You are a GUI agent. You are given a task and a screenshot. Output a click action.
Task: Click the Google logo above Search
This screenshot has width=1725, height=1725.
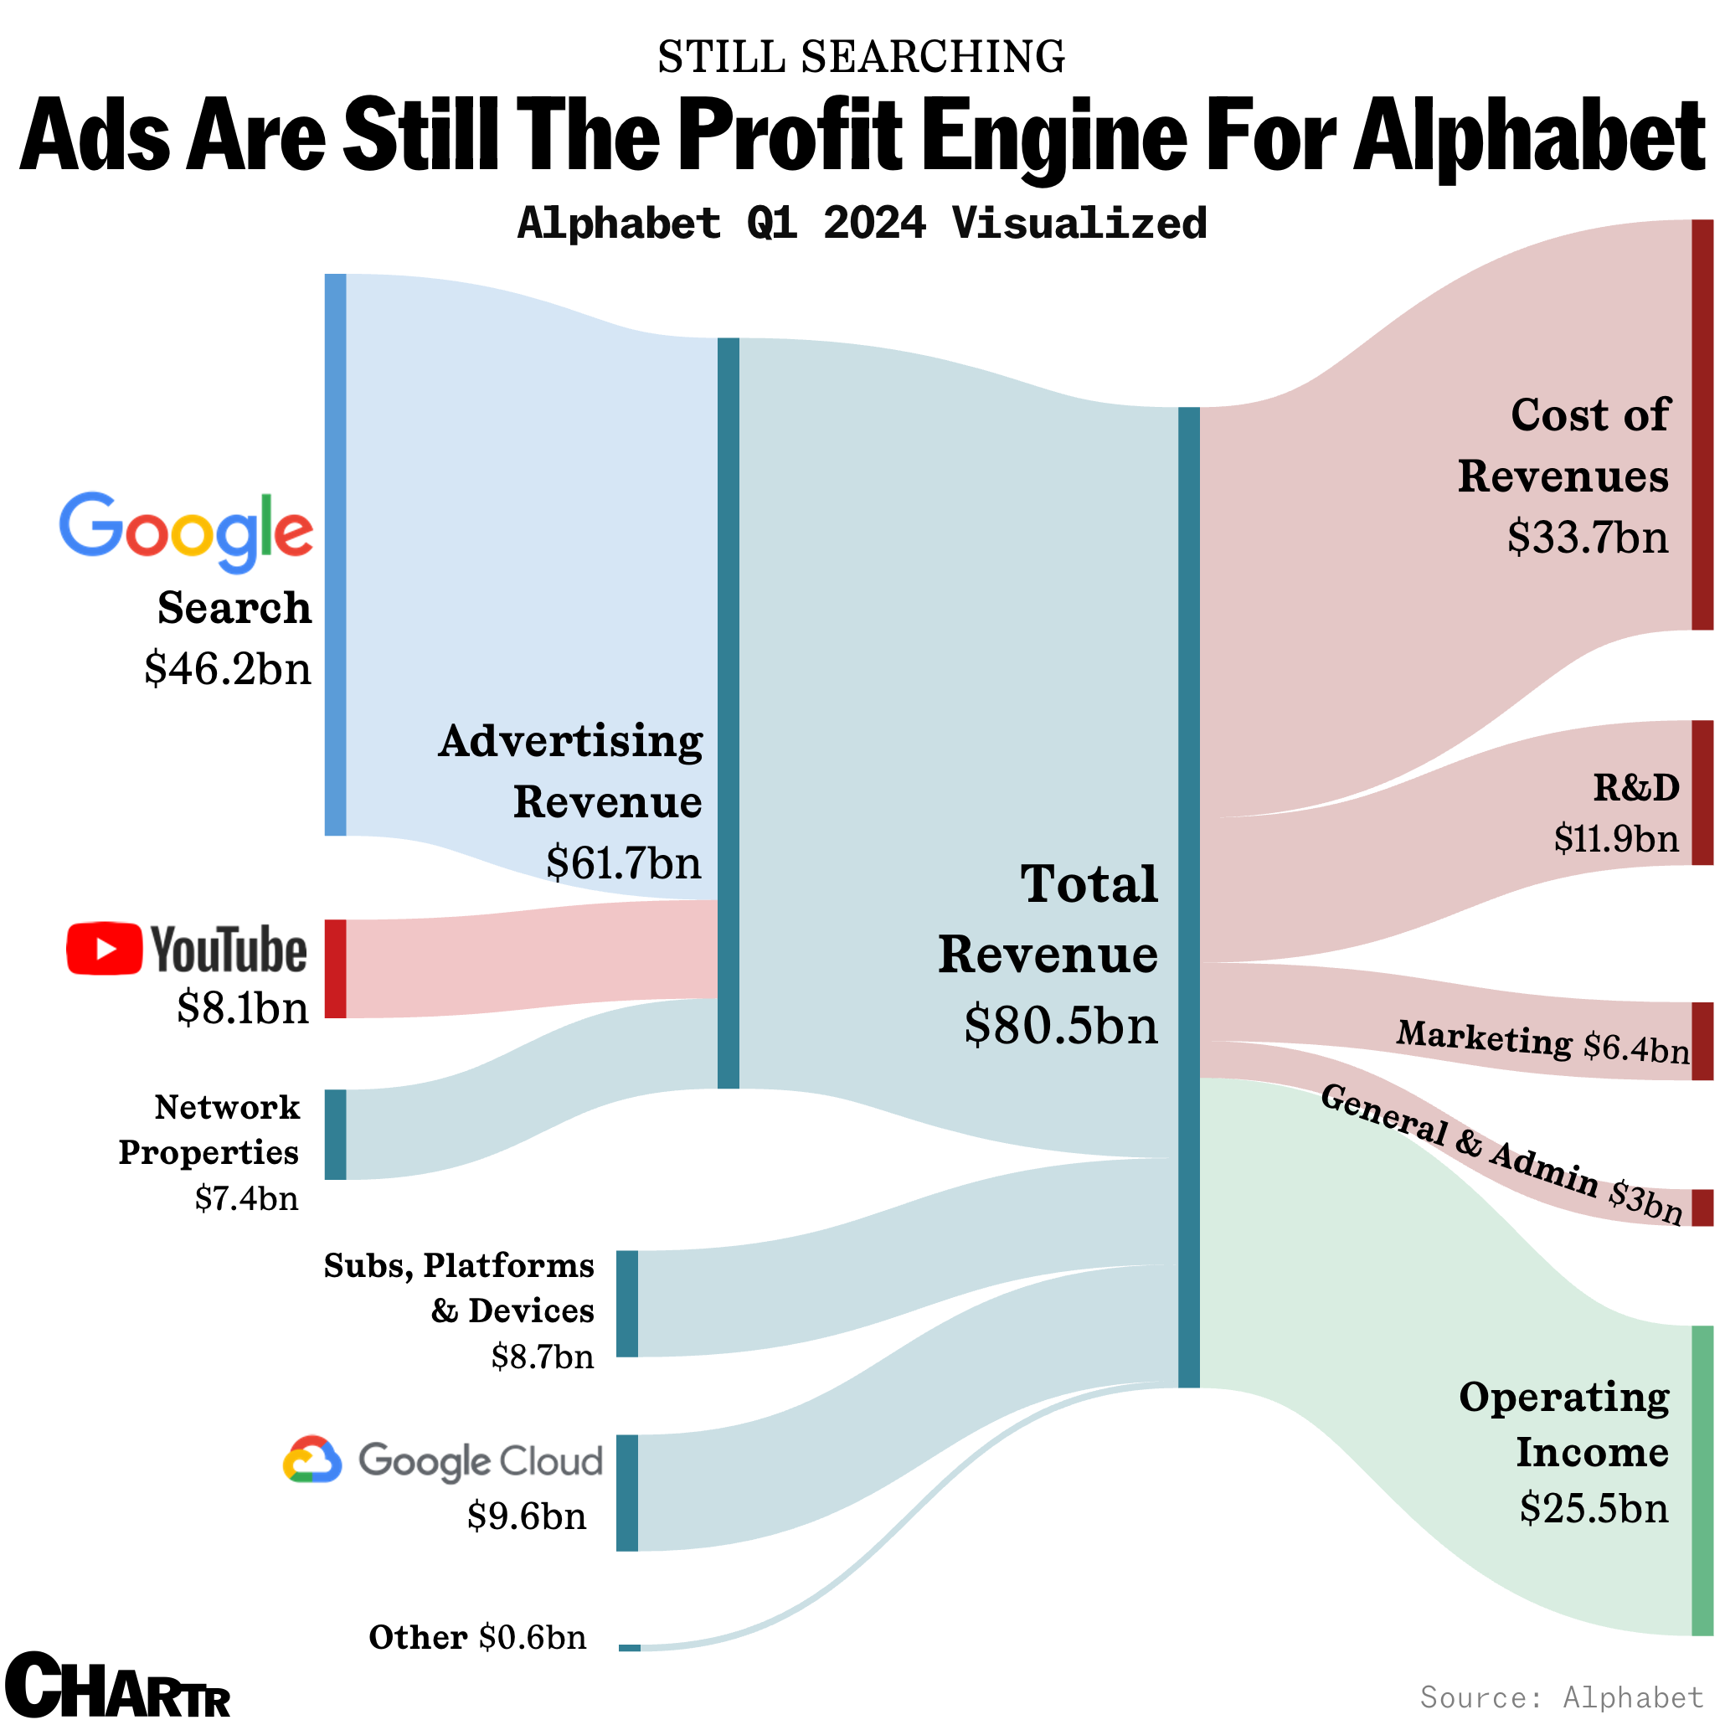click(x=186, y=531)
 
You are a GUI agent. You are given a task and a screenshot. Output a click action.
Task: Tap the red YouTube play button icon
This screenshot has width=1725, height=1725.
click(x=104, y=948)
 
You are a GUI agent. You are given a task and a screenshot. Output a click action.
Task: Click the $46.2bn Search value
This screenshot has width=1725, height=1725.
click(x=228, y=669)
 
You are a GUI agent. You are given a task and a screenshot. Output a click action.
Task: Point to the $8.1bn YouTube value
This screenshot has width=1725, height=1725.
click(x=243, y=1008)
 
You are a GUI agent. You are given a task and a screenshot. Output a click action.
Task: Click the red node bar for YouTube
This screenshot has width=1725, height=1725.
click(x=335, y=969)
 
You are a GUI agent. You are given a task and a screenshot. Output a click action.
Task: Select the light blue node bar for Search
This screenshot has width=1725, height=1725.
click(x=335, y=554)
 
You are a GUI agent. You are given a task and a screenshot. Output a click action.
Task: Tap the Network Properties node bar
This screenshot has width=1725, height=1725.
click(x=335, y=1134)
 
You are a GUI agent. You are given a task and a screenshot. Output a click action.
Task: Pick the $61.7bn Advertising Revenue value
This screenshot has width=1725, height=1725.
click(x=623, y=862)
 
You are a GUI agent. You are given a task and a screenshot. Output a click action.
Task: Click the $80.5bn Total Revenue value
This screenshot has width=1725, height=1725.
click(x=1061, y=1025)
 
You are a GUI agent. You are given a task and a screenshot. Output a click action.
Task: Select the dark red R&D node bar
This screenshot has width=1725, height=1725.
click(x=1702, y=793)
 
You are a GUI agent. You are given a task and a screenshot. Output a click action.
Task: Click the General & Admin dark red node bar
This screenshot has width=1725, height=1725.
click(x=1702, y=1207)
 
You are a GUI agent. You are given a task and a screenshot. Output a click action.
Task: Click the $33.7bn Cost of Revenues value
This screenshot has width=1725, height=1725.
click(x=1588, y=538)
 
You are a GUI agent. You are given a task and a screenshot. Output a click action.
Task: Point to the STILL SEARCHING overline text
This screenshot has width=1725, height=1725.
click(x=861, y=57)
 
